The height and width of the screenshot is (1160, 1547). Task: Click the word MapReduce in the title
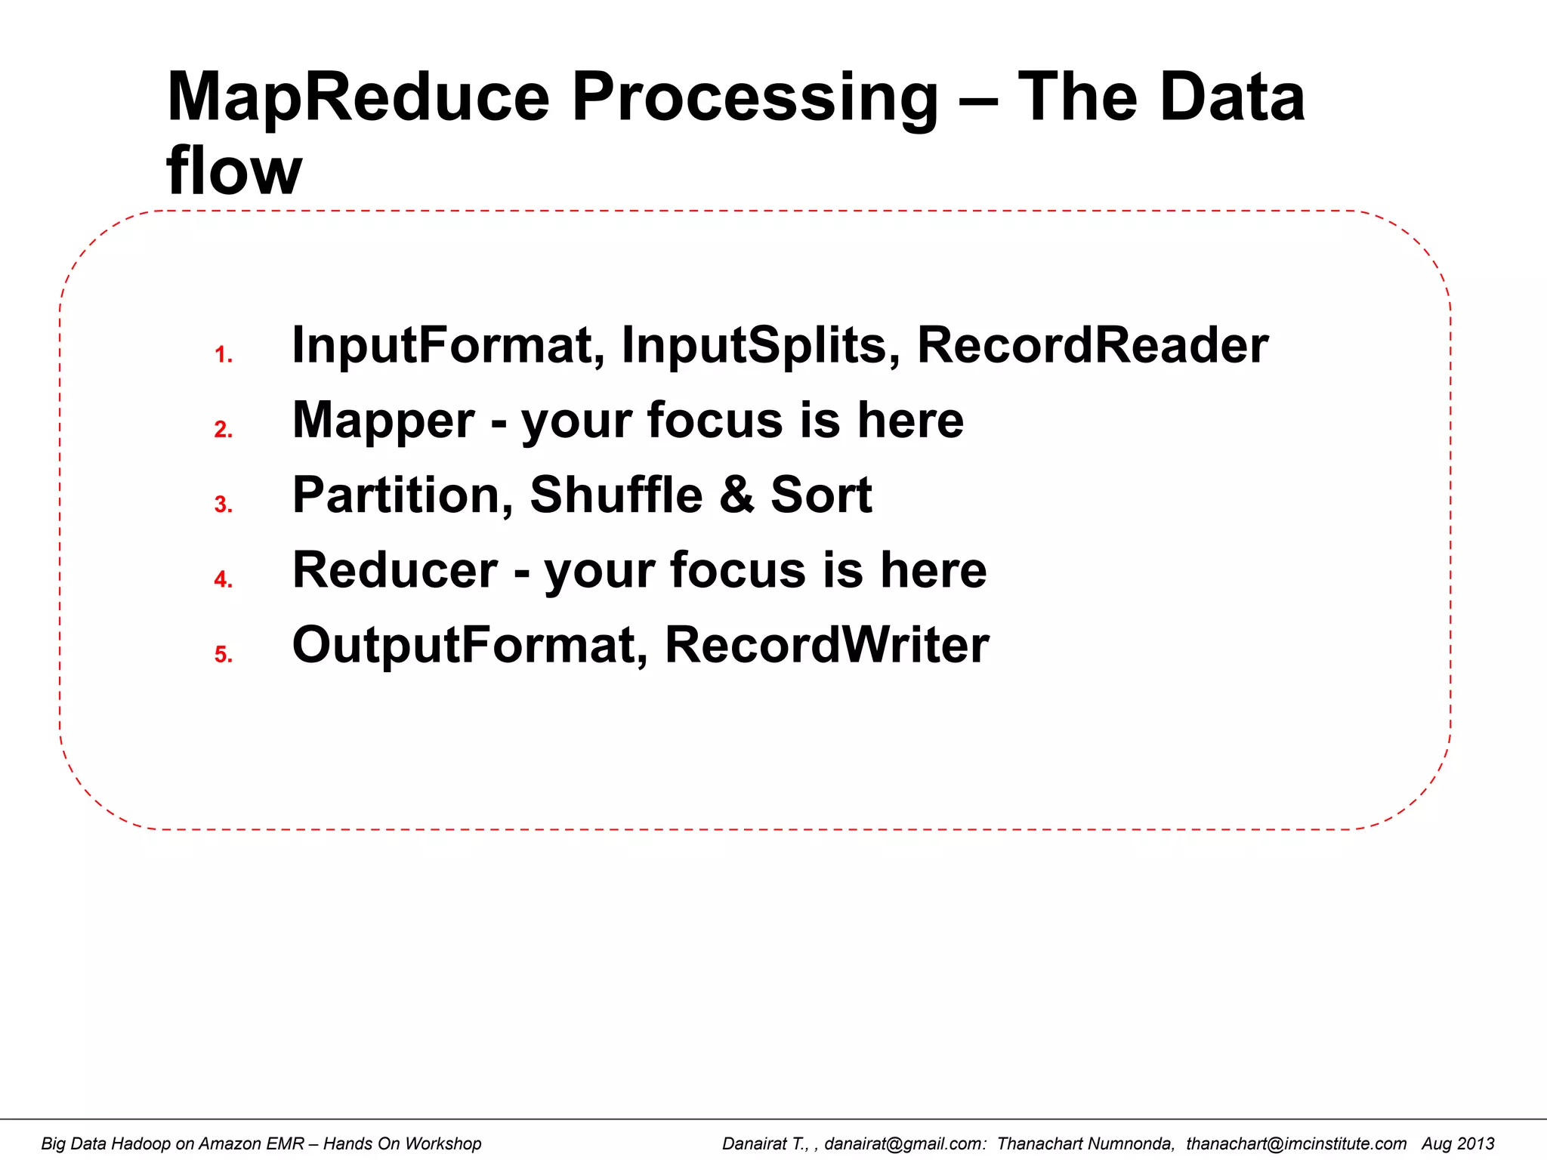(x=358, y=98)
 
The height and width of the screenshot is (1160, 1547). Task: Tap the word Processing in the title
(x=754, y=98)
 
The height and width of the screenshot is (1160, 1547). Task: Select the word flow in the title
(x=234, y=171)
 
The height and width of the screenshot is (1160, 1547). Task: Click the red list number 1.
(x=223, y=355)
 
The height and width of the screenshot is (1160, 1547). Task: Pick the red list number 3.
(x=223, y=504)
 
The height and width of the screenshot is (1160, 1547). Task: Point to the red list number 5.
(x=223, y=654)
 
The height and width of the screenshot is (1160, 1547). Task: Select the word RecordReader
(x=1092, y=345)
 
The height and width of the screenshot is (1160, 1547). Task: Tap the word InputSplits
(x=760, y=345)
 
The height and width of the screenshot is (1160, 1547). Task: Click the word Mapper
(x=383, y=421)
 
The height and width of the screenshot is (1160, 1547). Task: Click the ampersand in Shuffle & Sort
(x=736, y=495)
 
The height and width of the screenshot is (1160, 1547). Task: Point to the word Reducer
(x=394, y=570)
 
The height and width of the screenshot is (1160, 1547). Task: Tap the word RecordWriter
(x=826, y=645)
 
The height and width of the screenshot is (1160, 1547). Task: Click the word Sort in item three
(x=821, y=495)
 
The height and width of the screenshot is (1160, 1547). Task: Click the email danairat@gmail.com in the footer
(x=905, y=1143)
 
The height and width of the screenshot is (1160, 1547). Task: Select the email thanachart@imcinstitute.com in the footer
(x=1295, y=1143)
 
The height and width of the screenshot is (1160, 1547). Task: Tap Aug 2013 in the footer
(x=1458, y=1143)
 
